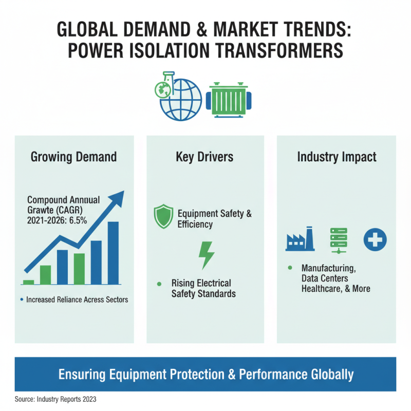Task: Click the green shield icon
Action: [x=163, y=216]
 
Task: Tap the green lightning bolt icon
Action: [x=207, y=255]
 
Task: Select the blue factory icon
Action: [x=300, y=239]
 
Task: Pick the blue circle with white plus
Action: [x=375, y=239]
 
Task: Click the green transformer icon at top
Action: [x=229, y=100]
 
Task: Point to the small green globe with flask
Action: [x=164, y=85]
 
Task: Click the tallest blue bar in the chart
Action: [x=113, y=253]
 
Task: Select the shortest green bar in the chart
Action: [x=28, y=282]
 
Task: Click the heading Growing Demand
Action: [x=73, y=157]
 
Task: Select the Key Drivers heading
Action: [x=204, y=157]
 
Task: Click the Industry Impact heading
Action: [x=337, y=157]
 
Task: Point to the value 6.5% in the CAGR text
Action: [x=78, y=220]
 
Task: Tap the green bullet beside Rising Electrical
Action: [x=159, y=284]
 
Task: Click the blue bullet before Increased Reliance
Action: [x=22, y=300]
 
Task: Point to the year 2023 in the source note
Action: [x=89, y=399]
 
